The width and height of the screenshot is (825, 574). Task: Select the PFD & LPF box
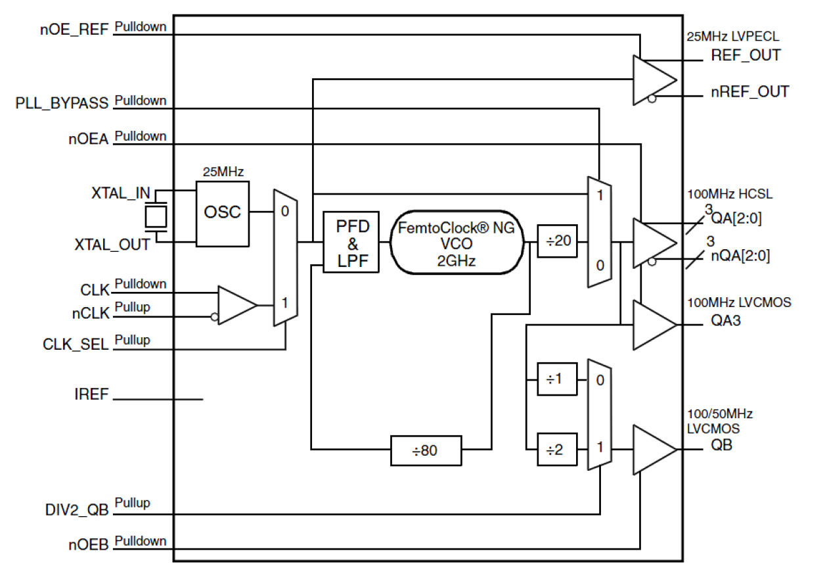tap(351, 243)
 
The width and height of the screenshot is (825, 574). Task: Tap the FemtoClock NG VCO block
tap(457, 243)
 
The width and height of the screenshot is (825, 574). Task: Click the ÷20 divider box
tap(557, 242)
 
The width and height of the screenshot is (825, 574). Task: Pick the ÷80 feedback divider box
tap(425, 450)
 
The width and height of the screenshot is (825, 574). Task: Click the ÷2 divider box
tap(557, 450)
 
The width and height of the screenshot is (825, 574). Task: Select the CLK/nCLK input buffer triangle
tap(235, 305)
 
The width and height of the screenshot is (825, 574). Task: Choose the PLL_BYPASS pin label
tap(63, 105)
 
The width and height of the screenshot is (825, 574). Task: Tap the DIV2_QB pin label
tap(73, 509)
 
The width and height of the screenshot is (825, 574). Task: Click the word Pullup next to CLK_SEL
tap(133, 340)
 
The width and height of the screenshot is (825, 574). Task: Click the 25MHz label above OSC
tap(223, 172)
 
